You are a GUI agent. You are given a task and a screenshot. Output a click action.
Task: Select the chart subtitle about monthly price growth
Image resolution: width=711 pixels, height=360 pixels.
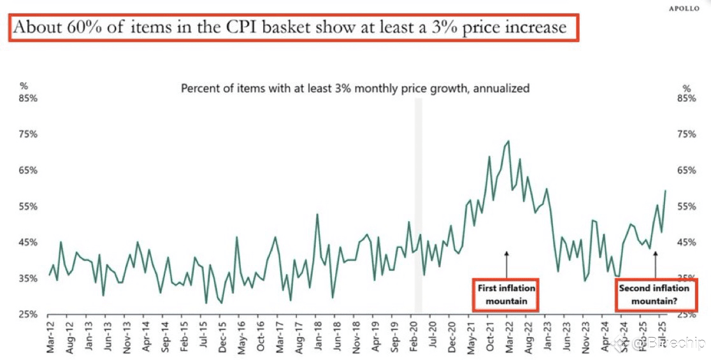355,89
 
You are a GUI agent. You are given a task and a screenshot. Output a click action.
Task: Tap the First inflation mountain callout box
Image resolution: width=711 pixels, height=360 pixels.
506,295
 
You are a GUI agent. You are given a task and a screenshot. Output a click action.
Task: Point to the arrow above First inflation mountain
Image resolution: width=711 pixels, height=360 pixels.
506,263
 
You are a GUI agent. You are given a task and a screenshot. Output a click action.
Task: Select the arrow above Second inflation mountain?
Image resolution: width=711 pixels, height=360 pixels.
656,263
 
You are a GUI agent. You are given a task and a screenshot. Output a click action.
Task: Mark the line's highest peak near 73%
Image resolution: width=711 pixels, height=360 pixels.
508,141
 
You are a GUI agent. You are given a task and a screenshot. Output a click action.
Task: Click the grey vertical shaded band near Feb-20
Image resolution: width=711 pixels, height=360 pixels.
419,204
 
